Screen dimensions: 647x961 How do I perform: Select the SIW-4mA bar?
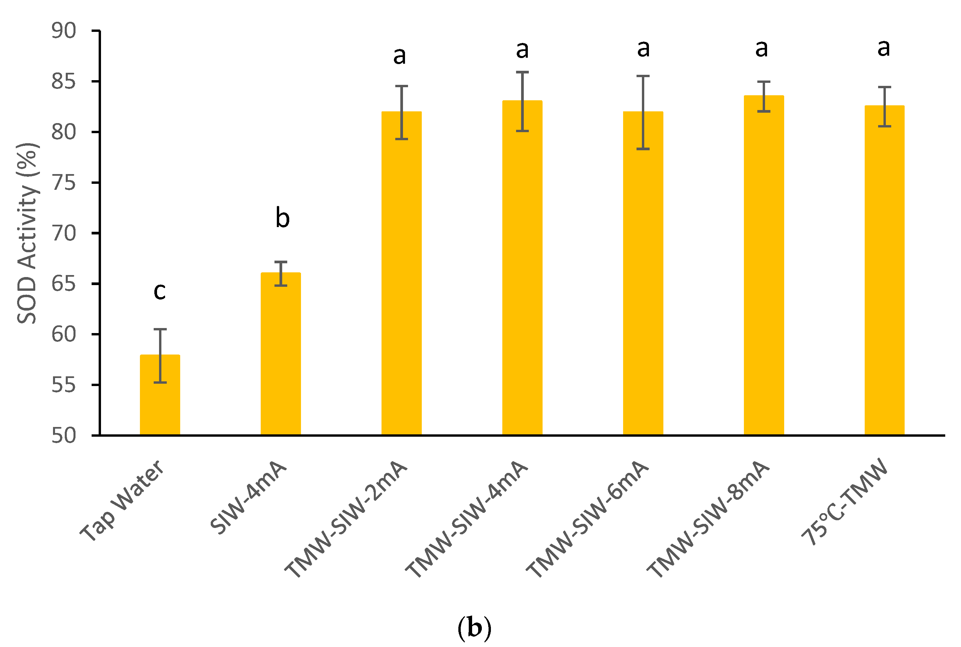click(x=281, y=355)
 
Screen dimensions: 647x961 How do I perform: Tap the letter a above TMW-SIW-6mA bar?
click(x=643, y=49)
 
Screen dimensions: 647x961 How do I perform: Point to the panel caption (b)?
click(x=474, y=628)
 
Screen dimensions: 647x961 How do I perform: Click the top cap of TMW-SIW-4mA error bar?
click(x=522, y=72)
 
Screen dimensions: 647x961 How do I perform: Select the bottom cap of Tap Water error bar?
click(x=160, y=382)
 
